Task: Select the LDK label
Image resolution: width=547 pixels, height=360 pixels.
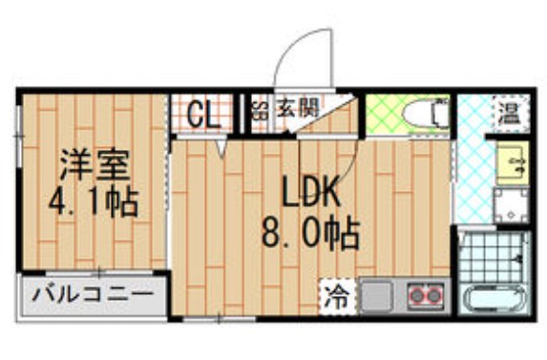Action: (309, 194)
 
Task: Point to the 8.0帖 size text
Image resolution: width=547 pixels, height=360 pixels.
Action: (310, 232)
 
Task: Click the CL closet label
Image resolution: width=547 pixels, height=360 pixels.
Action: (201, 115)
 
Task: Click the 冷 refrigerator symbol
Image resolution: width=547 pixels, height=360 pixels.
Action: (333, 293)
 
